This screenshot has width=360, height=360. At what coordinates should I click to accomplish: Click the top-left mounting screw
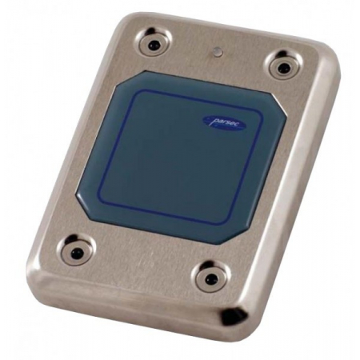tap(154, 42)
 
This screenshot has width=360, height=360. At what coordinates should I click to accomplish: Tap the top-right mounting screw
tap(283, 66)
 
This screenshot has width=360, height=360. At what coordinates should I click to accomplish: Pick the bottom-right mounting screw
tap(211, 278)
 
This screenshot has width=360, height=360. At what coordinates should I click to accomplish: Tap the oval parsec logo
tap(225, 123)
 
